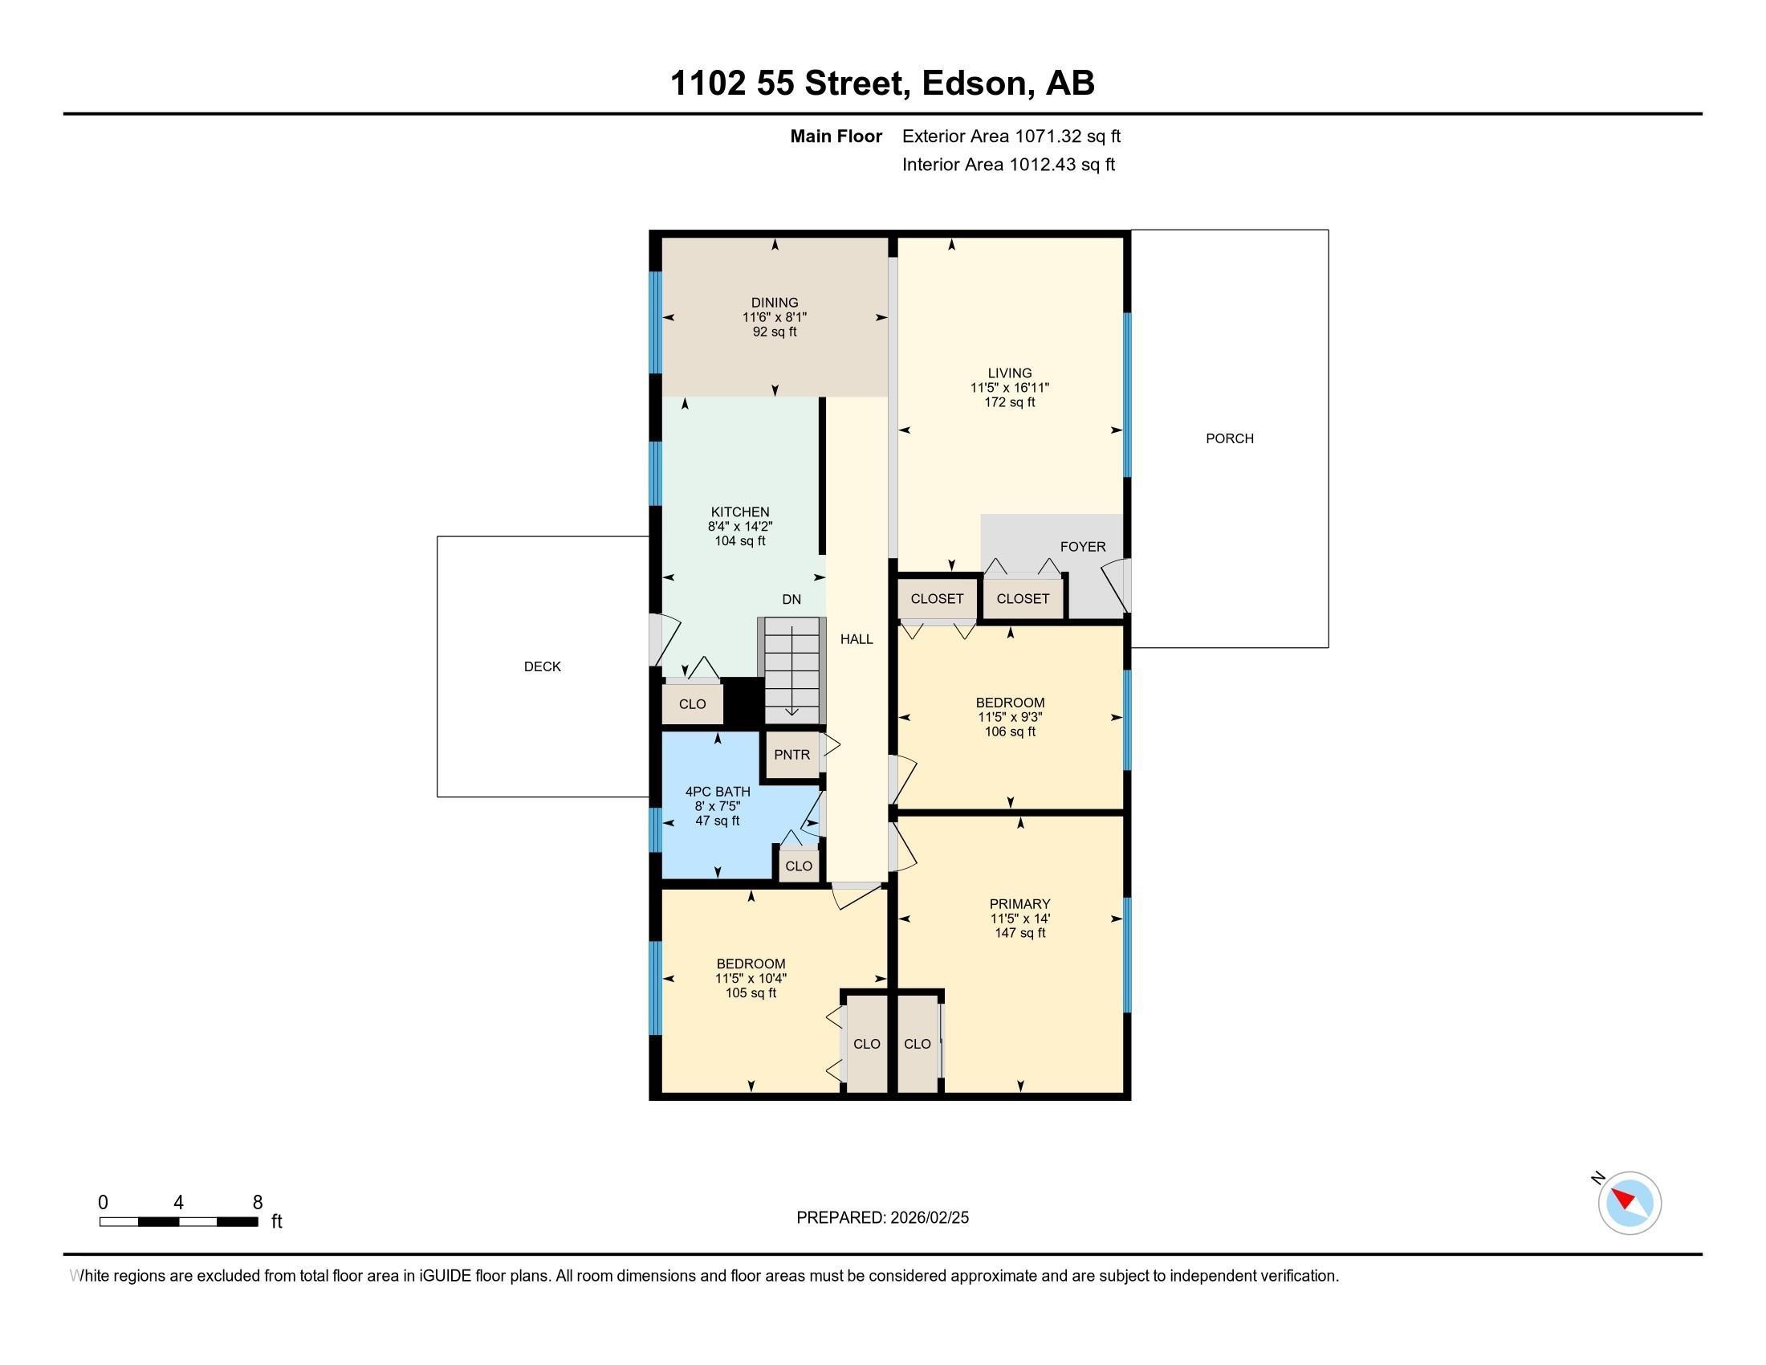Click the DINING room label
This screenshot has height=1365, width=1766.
pos(775,303)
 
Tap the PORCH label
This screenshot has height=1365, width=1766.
pos(1229,438)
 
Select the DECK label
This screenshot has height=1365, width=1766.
pos(542,666)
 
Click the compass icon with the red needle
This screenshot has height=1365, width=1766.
pos(1630,1203)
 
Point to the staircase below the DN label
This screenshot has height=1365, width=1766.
pos(791,670)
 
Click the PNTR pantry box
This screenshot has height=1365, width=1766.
pos(792,755)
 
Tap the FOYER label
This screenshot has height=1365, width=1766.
pos(1083,547)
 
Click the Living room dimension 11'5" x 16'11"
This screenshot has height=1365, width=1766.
pos(1010,387)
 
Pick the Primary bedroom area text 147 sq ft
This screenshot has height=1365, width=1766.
pos(1019,932)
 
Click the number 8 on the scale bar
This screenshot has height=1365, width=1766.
pos(258,1203)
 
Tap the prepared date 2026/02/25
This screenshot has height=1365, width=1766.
pos(929,1218)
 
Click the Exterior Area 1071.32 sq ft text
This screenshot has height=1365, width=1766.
pos(1011,136)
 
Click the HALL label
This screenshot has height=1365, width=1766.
pos(857,639)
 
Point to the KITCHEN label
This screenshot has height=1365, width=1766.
pos(740,512)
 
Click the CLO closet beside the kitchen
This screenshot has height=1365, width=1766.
pos(692,703)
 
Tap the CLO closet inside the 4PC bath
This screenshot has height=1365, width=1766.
pos(799,866)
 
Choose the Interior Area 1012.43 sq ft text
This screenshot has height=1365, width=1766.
pos(1008,164)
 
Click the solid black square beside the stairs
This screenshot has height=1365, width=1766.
pos(743,701)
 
